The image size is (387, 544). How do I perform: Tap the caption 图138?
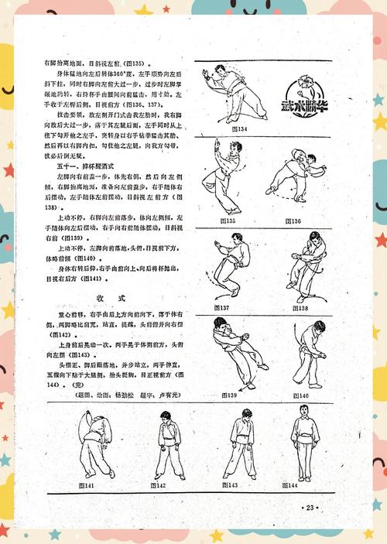click(298, 308)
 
